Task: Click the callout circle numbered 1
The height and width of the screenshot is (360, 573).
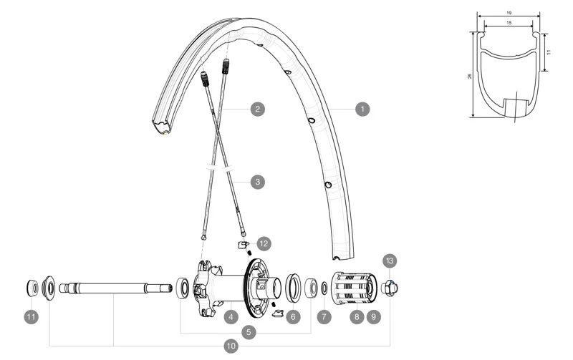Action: (363, 110)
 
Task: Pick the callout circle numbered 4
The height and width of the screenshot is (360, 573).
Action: (231, 316)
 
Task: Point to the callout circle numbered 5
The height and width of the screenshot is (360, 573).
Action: (249, 332)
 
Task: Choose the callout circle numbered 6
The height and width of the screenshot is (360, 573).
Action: (292, 316)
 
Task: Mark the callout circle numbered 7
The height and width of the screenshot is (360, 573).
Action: (324, 316)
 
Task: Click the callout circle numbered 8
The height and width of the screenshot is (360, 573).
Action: (356, 316)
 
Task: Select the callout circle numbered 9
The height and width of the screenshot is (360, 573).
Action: (372, 316)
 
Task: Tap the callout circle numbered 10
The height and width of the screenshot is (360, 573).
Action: (231, 346)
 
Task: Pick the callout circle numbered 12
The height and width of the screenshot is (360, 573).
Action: (264, 243)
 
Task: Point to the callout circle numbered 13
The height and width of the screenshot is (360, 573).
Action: (390, 261)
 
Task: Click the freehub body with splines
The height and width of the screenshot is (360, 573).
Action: (352, 288)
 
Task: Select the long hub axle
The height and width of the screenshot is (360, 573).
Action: (115, 289)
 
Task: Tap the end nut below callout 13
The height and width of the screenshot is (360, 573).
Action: (389, 288)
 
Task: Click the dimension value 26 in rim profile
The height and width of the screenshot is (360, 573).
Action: (470, 75)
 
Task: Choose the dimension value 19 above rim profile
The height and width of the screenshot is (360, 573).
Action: (508, 13)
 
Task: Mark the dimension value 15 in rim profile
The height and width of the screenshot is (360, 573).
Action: (508, 23)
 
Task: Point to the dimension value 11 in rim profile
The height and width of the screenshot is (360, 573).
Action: (549, 52)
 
